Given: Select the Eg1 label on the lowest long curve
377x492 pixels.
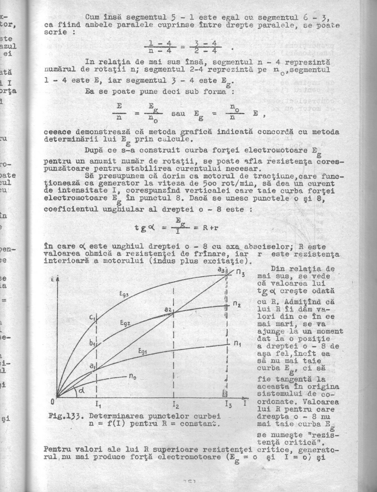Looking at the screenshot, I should click(x=143, y=353).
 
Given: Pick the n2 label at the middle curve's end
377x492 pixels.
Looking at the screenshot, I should click(x=238, y=303).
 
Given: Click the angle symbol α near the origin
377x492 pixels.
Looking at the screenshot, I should click(x=78, y=391).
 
